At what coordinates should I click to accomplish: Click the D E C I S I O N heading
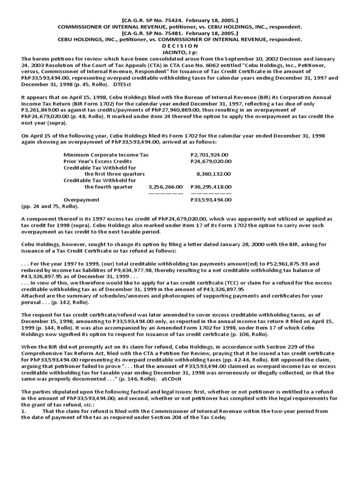click(180, 46)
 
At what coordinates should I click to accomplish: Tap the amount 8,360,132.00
click(214, 174)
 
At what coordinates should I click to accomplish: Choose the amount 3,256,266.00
click(165, 187)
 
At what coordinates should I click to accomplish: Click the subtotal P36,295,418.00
click(211, 187)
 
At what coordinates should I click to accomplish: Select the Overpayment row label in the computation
click(81, 200)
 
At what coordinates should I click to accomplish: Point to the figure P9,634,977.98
click(148, 270)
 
